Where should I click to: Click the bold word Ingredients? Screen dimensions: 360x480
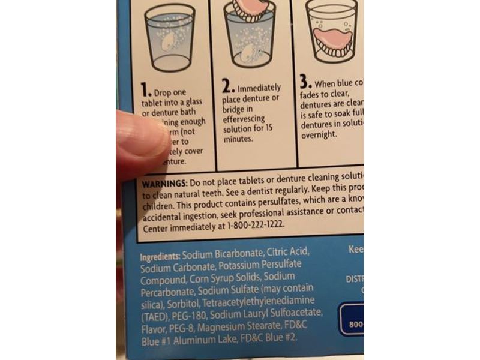coord(160,256)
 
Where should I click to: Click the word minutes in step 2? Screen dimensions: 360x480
coord(238,139)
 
